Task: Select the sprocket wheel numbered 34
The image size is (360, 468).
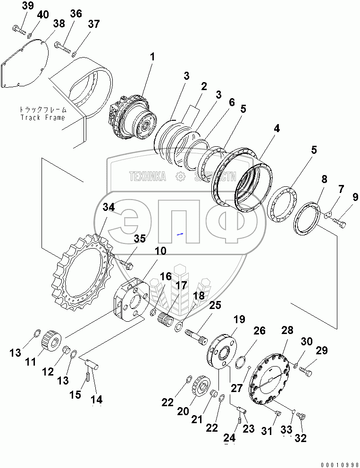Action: (x=80, y=274)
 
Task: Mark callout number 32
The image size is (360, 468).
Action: (x=300, y=438)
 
